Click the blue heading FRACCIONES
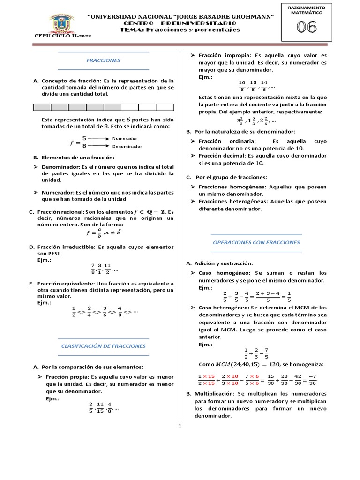click(x=104, y=60)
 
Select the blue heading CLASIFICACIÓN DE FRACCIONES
click(x=104, y=346)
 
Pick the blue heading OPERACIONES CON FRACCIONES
click(x=256, y=242)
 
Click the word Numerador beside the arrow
click(x=124, y=138)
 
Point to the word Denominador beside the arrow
click(x=127, y=146)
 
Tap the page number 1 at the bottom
click(x=180, y=426)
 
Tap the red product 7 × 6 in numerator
click(x=252, y=376)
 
